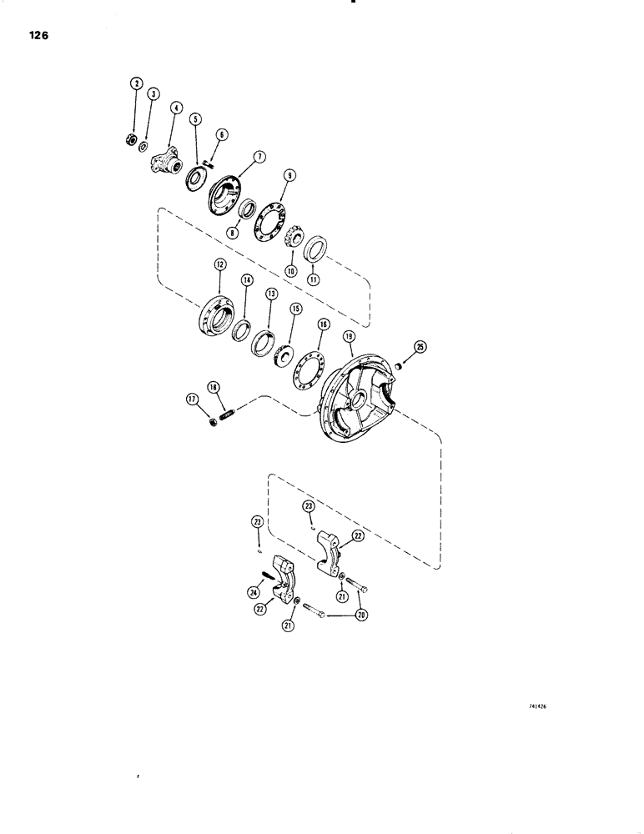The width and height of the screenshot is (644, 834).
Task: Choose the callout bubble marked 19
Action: coord(350,335)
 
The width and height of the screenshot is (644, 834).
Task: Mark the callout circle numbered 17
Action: coord(193,400)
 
